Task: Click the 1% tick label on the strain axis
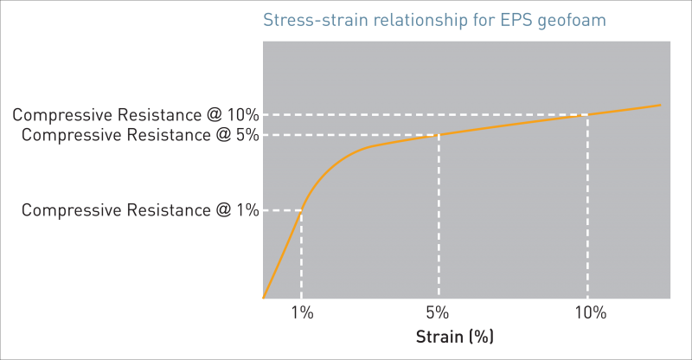click(301, 313)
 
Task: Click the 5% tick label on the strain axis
click(439, 313)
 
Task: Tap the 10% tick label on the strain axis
click(588, 313)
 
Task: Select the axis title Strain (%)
click(455, 336)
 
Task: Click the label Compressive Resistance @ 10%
click(135, 114)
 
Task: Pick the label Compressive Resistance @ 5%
click(139, 135)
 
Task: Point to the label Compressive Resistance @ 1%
click(139, 209)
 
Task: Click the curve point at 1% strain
click(301, 210)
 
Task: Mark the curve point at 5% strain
click(439, 135)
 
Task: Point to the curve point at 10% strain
click(588, 115)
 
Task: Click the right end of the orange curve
click(660, 105)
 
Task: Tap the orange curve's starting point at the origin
click(262, 299)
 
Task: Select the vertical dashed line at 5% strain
click(439, 216)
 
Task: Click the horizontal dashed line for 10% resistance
click(424, 115)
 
